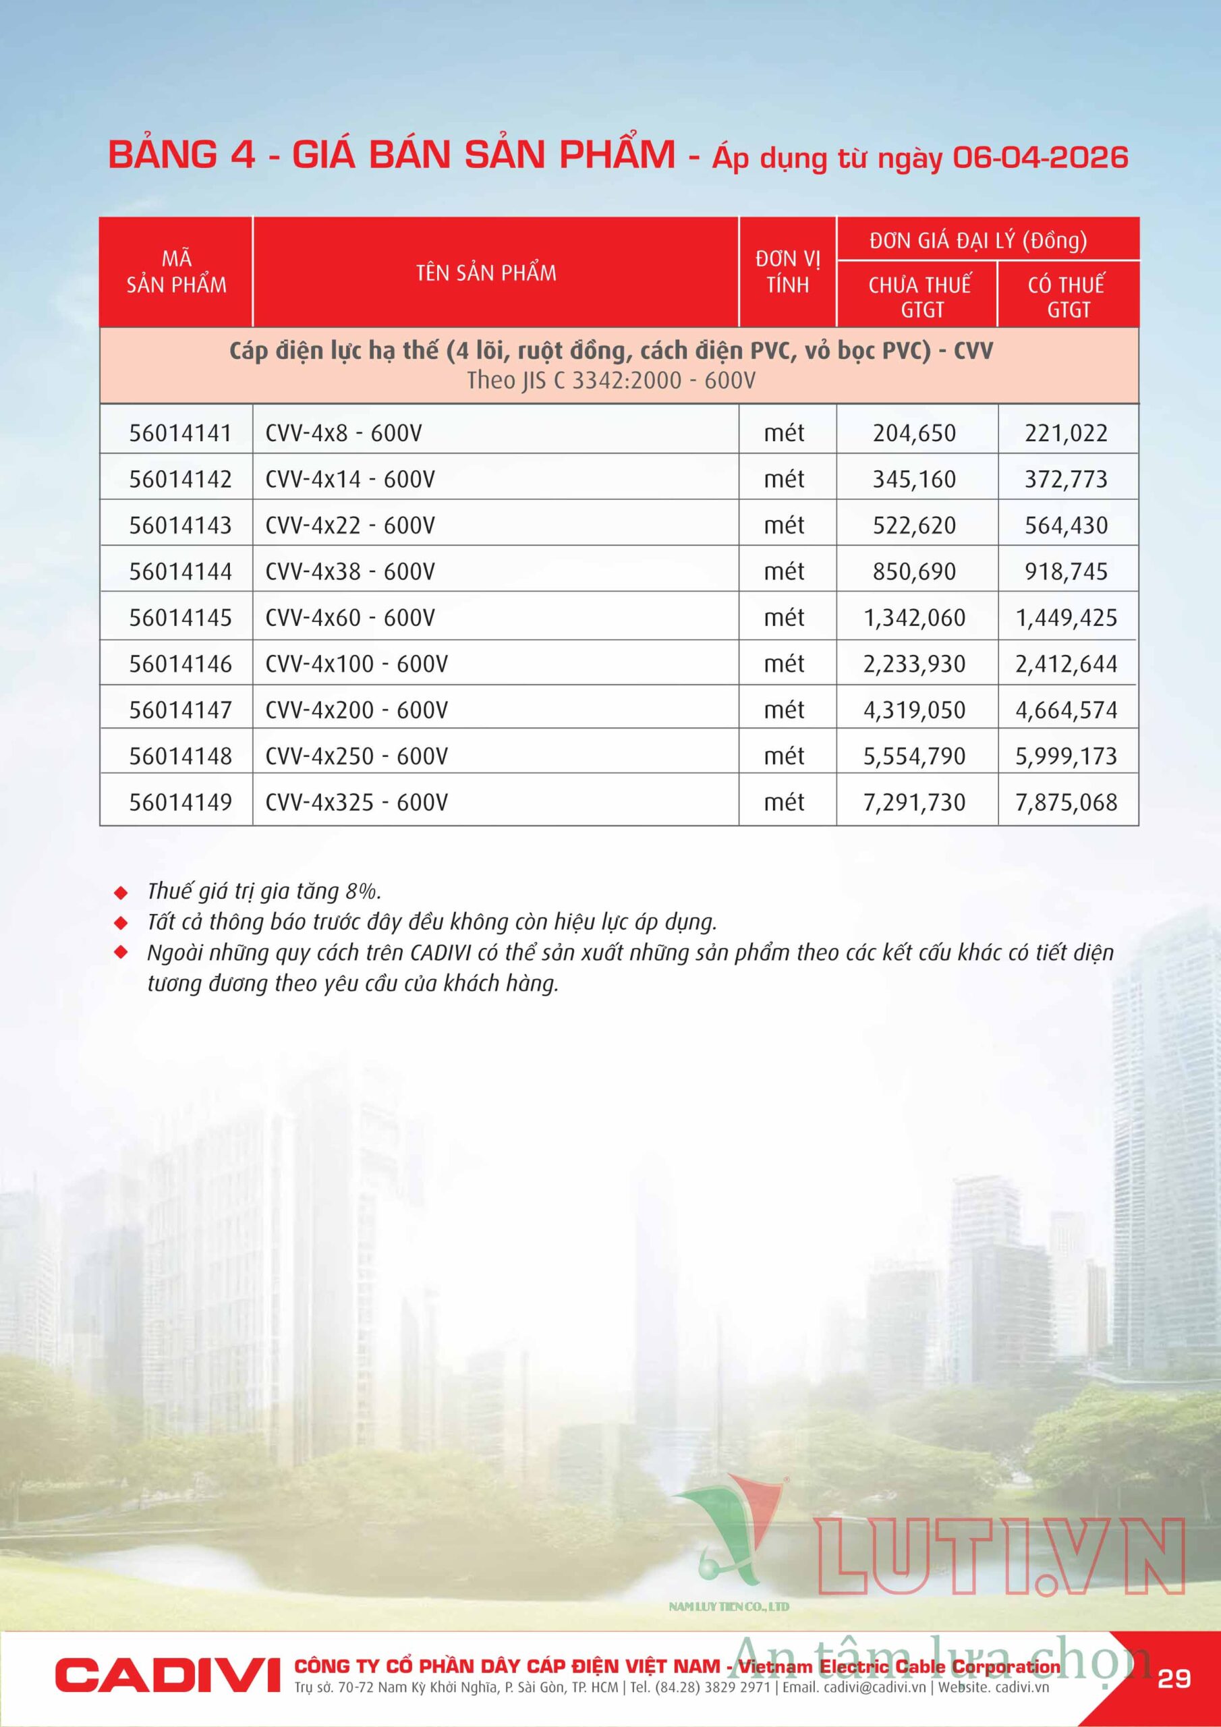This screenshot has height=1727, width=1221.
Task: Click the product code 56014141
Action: [180, 433]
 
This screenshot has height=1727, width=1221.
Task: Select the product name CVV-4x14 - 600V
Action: [350, 479]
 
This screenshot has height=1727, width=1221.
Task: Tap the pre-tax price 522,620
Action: [914, 525]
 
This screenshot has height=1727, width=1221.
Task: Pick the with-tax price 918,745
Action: [1066, 571]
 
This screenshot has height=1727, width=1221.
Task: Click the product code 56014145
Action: [180, 617]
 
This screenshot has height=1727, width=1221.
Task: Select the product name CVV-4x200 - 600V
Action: [357, 710]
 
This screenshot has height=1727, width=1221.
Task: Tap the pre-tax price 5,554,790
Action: [914, 756]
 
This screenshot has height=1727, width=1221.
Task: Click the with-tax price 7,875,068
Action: [1066, 803]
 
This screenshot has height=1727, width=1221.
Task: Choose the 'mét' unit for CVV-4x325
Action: [784, 803]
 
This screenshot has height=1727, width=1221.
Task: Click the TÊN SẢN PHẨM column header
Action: [486, 273]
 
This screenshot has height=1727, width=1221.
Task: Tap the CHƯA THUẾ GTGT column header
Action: [920, 296]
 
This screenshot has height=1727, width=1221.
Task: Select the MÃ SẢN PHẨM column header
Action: [176, 273]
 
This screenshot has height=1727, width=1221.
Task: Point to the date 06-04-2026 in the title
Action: [1040, 157]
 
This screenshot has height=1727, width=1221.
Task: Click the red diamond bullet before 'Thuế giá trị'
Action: [120, 893]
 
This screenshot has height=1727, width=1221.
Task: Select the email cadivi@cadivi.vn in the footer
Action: [874, 1687]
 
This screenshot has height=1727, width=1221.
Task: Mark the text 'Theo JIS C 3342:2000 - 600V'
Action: [611, 380]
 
